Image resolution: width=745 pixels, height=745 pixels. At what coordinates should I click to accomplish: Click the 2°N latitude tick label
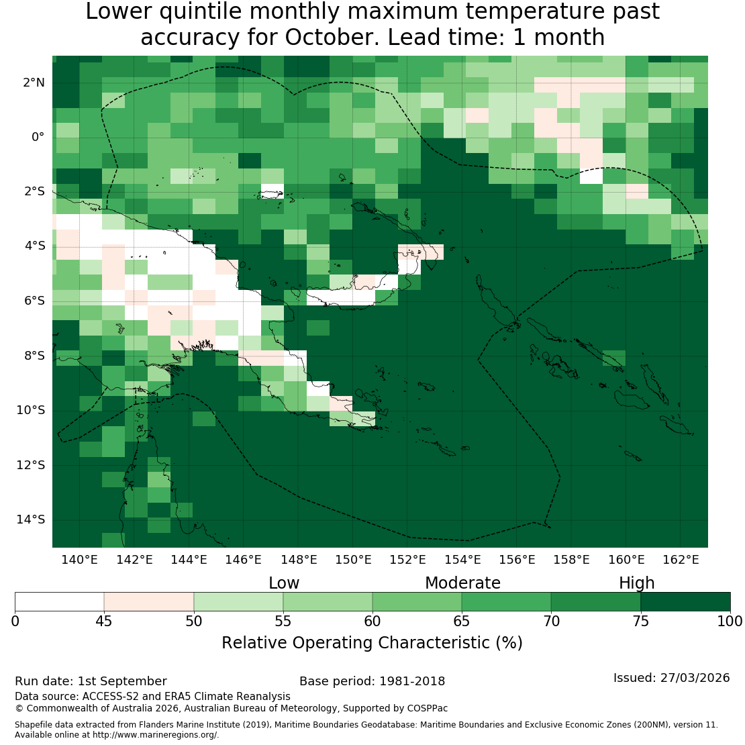tap(34, 83)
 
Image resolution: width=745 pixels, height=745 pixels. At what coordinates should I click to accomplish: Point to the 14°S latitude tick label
tap(31, 519)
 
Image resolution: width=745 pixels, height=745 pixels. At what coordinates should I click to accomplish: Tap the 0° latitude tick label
tap(38, 138)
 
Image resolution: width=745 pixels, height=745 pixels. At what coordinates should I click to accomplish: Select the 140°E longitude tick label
tap(79, 560)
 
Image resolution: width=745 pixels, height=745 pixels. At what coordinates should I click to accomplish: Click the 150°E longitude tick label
tap(353, 560)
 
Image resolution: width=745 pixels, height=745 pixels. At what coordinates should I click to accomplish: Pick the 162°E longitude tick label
tap(681, 560)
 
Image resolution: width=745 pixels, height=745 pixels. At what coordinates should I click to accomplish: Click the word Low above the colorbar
tap(284, 583)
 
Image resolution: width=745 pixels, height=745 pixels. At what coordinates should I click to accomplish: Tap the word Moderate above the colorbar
tap(463, 583)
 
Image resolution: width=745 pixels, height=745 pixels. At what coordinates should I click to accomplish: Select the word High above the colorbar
tap(637, 583)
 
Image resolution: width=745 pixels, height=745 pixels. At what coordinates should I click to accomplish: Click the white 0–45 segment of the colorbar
tap(59, 601)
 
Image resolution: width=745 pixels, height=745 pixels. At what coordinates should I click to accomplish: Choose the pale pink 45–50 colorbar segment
tap(149, 601)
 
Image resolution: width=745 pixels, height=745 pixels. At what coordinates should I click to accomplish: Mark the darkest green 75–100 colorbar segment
tap(686, 601)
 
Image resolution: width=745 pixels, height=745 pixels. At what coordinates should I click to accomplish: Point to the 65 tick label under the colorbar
tap(461, 622)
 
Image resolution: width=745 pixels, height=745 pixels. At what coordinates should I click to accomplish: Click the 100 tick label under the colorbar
tap(730, 622)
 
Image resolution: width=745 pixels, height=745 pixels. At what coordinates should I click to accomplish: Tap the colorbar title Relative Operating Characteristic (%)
tap(372, 643)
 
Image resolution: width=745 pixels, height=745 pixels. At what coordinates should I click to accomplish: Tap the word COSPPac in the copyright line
tap(427, 708)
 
